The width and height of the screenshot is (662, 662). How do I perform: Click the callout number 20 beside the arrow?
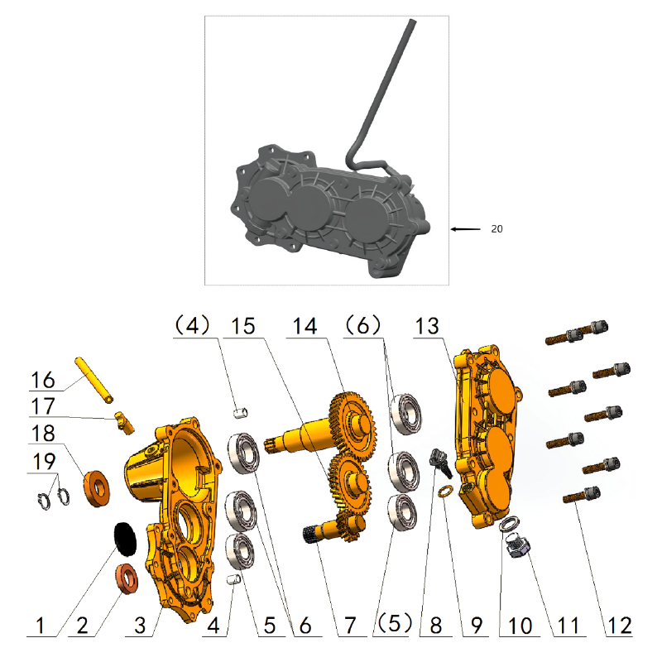(496, 229)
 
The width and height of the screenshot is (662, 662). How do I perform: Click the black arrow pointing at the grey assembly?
(466, 229)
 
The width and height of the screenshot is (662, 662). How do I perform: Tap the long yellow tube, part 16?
(96, 380)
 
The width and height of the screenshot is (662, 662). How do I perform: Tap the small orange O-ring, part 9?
(444, 493)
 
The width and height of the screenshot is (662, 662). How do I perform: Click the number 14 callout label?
(304, 326)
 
